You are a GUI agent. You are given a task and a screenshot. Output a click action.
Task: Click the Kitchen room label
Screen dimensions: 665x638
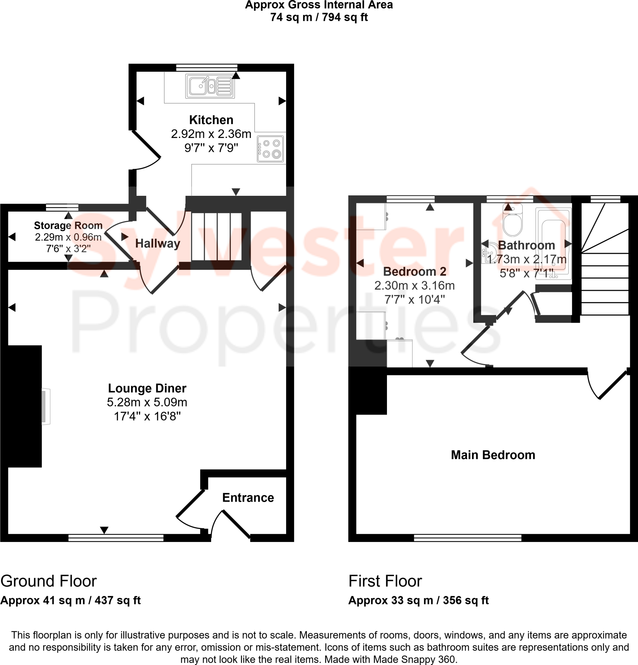pyautogui.click(x=211, y=120)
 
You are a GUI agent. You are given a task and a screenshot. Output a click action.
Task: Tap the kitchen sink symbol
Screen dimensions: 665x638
pyautogui.click(x=210, y=86)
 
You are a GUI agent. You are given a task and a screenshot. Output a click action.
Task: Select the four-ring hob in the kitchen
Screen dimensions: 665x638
pyautogui.click(x=270, y=149)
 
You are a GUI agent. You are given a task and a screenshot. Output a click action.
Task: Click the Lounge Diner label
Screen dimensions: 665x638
pyautogui.click(x=147, y=388)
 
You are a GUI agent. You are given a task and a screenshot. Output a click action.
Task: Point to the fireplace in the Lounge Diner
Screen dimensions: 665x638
pyautogui.click(x=45, y=406)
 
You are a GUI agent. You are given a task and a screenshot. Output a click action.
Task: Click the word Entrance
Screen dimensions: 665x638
pyautogui.click(x=248, y=497)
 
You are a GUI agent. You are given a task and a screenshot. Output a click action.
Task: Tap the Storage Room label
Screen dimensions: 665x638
pyautogui.click(x=68, y=225)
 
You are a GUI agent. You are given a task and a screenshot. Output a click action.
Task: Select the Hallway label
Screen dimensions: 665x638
pyautogui.click(x=158, y=243)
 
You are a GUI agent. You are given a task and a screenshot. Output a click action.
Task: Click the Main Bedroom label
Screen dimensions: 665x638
pyautogui.click(x=493, y=455)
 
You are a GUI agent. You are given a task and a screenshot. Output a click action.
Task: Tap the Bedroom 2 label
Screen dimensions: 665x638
pyautogui.click(x=414, y=271)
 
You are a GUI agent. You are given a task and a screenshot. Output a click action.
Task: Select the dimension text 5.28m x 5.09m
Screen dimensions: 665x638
pyautogui.click(x=147, y=402)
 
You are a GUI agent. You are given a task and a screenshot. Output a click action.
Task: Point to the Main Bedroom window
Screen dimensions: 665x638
pyautogui.click(x=467, y=537)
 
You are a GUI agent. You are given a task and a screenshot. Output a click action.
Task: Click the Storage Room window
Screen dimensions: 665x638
pyautogui.click(x=62, y=207)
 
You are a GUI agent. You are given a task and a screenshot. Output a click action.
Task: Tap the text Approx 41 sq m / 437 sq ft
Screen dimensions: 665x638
pyautogui.click(x=70, y=600)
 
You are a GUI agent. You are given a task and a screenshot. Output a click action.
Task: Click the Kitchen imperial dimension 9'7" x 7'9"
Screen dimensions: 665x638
pyautogui.click(x=211, y=148)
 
